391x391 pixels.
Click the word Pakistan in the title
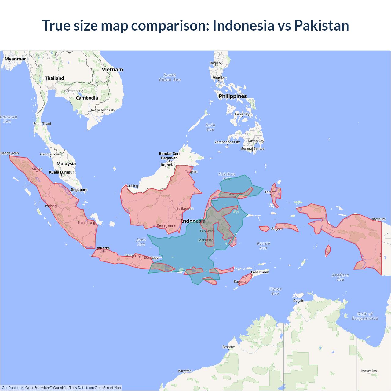click(x=321, y=25)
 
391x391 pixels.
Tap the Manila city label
click(x=218, y=78)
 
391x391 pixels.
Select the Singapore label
click(x=79, y=190)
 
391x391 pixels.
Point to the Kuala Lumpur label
click(x=61, y=172)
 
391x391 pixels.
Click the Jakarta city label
click(x=103, y=248)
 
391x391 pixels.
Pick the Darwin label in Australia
click(x=298, y=301)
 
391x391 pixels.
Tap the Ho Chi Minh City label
click(x=102, y=110)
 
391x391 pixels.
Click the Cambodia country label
click(x=87, y=98)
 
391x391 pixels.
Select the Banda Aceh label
click(x=10, y=153)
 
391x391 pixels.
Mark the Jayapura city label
click(x=378, y=219)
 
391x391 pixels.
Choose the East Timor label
click(x=260, y=272)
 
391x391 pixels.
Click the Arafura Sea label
click(x=340, y=277)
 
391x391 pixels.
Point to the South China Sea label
click(x=170, y=77)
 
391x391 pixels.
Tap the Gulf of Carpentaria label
click(x=365, y=316)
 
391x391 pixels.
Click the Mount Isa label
click(x=369, y=371)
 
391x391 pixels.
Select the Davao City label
click(x=256, y=141)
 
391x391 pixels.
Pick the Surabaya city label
click(x=151, y=258)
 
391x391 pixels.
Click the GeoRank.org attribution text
click(x=12, y=388)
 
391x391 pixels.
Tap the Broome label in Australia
click(x=228, y=347)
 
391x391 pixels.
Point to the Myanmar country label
click(x=15, y=59)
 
